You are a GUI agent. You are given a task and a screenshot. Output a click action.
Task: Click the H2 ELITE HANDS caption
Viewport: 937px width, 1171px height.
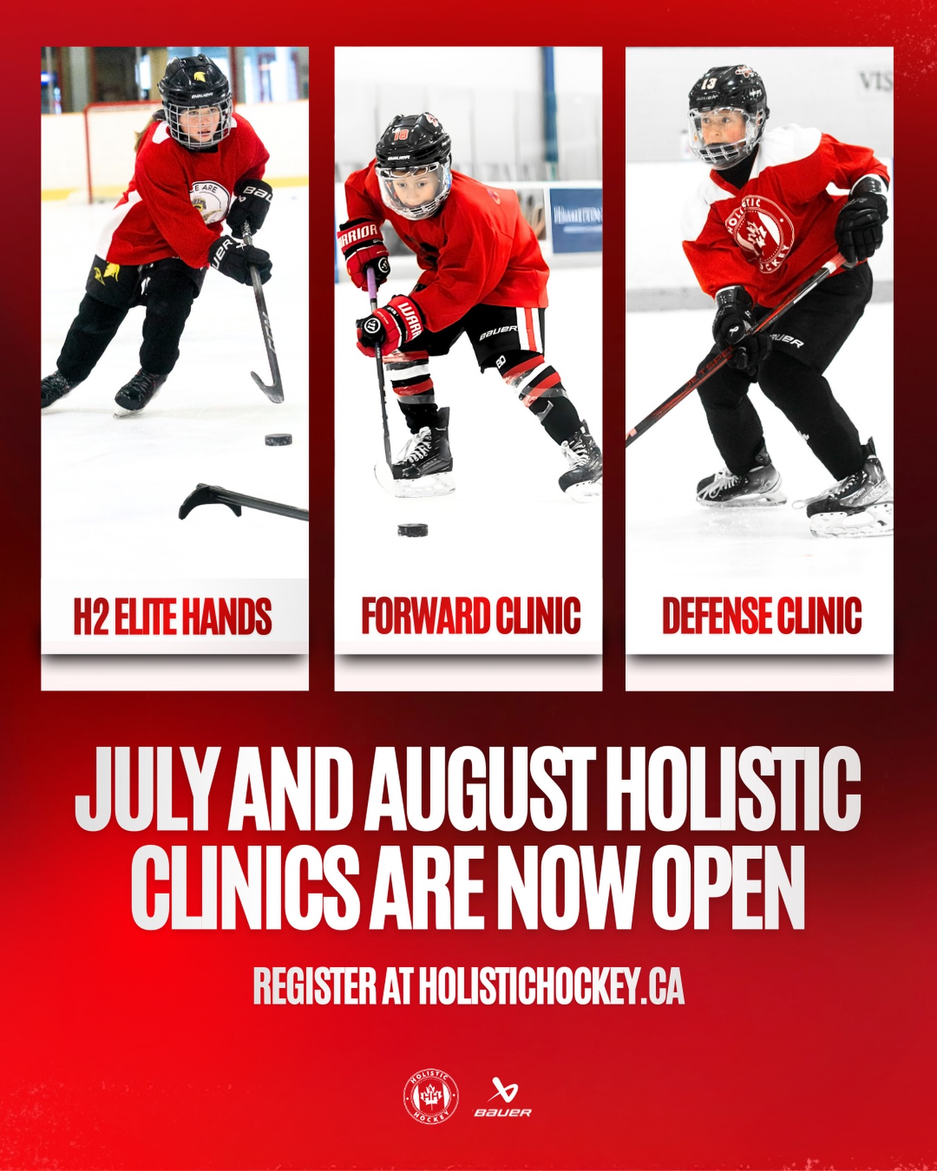pos(173,616)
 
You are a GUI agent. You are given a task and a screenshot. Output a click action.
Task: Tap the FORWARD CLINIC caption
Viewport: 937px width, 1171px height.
pos(471,615)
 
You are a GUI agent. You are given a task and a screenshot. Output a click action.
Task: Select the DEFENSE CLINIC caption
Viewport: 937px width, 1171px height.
pos(761,615)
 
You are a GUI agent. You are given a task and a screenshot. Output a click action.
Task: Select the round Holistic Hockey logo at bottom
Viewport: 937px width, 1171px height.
pos(430,1097)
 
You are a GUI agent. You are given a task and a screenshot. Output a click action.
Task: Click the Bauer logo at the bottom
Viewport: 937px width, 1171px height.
pos(503,1097)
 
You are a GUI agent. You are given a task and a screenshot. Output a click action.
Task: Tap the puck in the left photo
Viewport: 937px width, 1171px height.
pos(278,439)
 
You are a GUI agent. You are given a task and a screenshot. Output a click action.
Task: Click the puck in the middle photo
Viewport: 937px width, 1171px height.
pos(412,530)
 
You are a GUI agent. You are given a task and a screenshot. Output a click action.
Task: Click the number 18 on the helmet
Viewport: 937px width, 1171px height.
pos(400,135)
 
